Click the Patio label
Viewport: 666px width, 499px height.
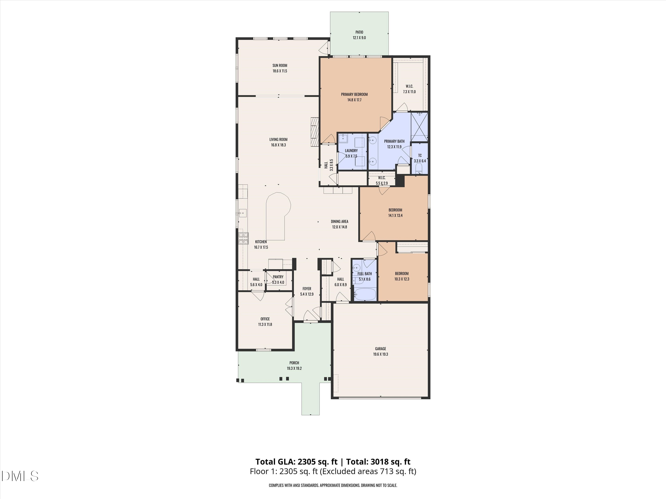359,32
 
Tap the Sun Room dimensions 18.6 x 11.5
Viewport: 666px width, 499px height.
280,71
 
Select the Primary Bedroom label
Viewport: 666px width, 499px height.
354,94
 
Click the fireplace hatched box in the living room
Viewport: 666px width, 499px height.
315,132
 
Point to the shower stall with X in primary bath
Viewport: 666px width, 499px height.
419,127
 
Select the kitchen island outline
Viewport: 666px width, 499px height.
67,215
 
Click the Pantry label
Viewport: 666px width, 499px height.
278,277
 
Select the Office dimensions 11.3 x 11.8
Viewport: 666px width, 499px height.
265,324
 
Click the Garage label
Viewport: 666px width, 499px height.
381,349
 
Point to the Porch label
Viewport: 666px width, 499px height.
294,363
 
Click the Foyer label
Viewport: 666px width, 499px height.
307,289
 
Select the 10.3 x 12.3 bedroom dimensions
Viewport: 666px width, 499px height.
402,279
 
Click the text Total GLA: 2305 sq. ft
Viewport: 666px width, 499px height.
296,462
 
